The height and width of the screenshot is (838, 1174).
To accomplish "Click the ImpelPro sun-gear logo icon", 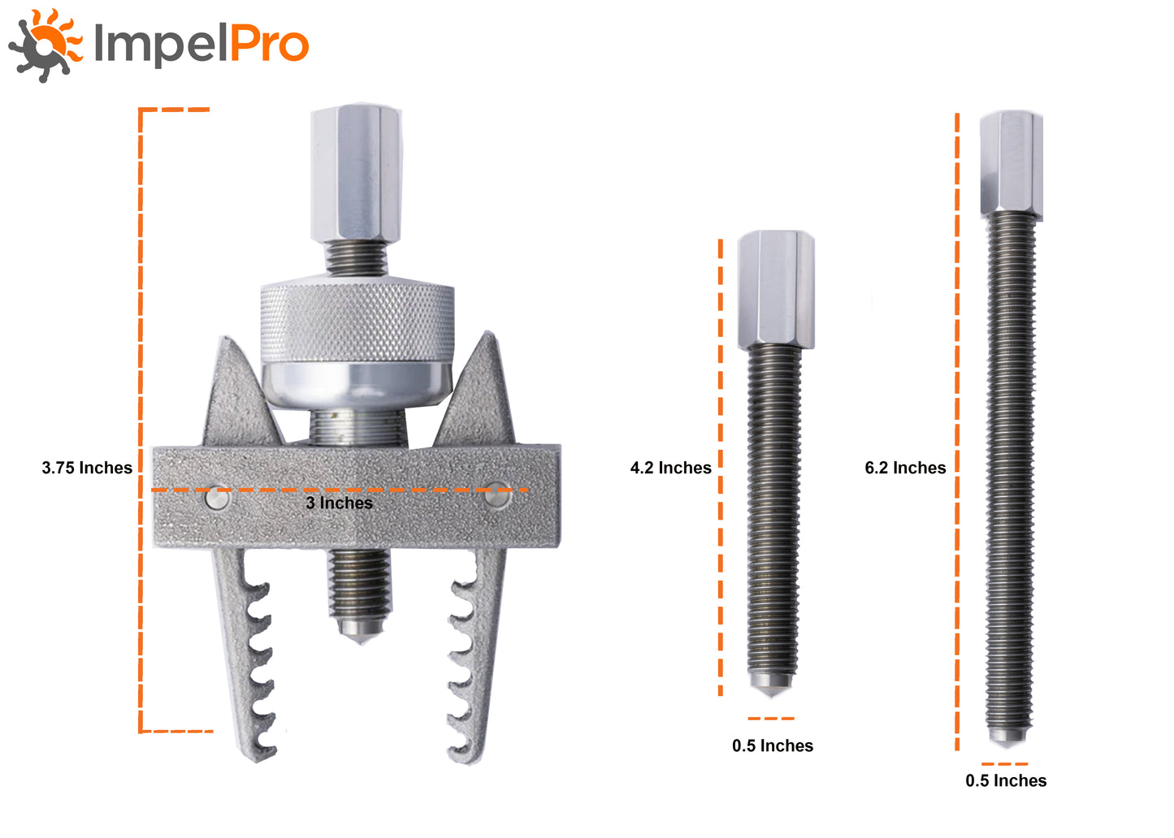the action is point(45,45).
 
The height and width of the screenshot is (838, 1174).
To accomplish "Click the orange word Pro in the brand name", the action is point(269,44).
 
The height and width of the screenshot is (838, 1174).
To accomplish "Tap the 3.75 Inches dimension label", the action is point(87,468).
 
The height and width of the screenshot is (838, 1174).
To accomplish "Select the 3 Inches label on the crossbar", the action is point(339,503).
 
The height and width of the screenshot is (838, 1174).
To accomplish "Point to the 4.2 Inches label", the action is point(671,468).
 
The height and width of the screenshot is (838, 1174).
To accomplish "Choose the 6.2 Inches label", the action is point(905,468).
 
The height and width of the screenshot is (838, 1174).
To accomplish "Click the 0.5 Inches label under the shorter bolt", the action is point(773,745).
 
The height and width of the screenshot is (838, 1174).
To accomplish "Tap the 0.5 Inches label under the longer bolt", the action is point(1006,780).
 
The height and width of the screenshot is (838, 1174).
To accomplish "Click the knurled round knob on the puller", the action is point(357,320).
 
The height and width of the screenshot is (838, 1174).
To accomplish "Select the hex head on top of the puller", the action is point(357,173).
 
